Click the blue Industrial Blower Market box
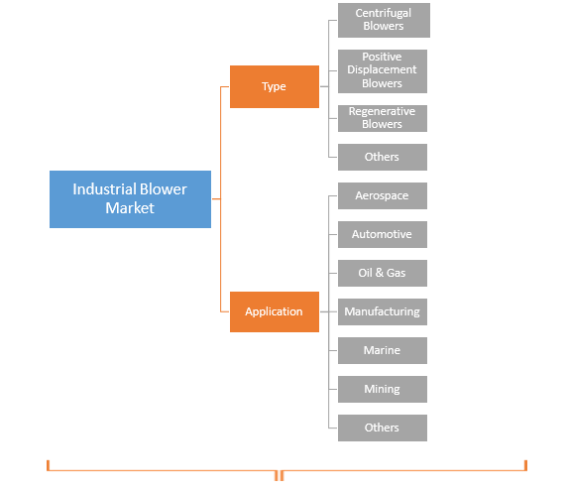(x=130, y=198)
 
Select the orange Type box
(x=274, y=86)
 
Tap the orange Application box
(x=274, y=311)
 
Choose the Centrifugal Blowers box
(x=383, y=20)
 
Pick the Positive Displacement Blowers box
(x=383, y=70)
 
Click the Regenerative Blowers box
(x=383, y=118)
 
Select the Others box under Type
(x=383, y=157)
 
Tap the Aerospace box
(x=383, y=195)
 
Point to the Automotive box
(x=383, y=234)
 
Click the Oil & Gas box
(x=383, y=273)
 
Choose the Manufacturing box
(x=383, y=311)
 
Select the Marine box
(x=383, y=350)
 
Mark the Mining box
(x=383, y=389)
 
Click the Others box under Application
(x=383, y=428)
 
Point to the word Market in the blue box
(x=130, y=208)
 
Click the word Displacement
(x=383, y=70)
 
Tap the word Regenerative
(x=383, y=112)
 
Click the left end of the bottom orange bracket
(x=48, y=465)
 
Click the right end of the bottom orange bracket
(x=525, y=465)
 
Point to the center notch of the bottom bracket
(x=280, y=475)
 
